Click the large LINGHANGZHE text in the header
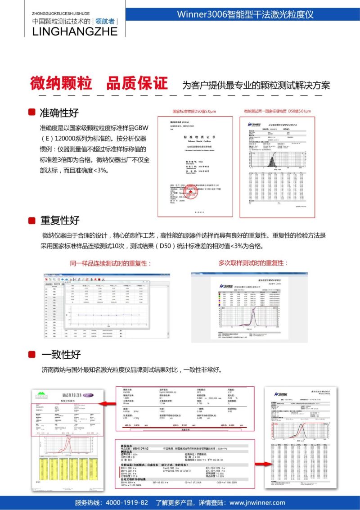[x=75, y=31]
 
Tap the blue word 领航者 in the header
[x=105, y=21]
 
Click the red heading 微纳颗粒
[x=61, y=83]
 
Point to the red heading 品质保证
[x=137, y=83]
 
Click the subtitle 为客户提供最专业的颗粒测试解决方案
[x=256, y=85]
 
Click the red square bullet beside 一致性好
[x=32, y=355]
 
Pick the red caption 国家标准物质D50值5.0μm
[x=194, y=111]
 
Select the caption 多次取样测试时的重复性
[x=253, y=263]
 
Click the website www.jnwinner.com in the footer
[x=257, y=502]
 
